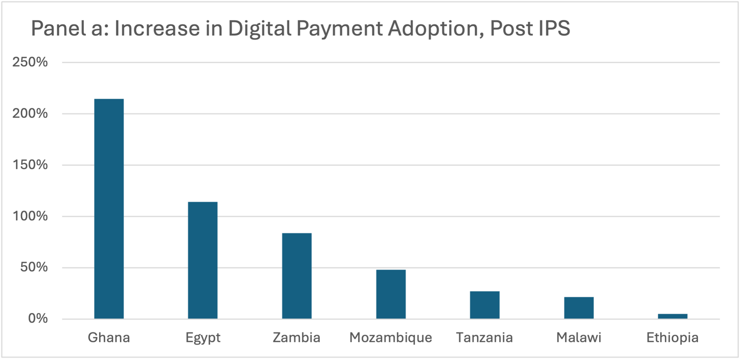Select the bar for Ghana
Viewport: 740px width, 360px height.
pos(109,209)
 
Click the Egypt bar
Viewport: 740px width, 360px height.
pos(203,260)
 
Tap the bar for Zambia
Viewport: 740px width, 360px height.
pos(297,276)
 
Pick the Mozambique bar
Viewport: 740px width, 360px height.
pos(391,294)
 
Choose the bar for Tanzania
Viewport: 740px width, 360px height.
pos(484,305)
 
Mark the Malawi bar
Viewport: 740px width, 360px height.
pos(579,308)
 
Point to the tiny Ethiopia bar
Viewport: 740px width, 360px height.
pos(673,316)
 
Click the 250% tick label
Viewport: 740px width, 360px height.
pos(30,62)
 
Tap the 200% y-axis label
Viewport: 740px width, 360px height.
pos(30,113)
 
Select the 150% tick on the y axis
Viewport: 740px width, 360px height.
pos(30,165)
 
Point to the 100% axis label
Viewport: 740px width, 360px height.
pos(30,216)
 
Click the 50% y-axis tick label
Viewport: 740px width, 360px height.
pos(34,267)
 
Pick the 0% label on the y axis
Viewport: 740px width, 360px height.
pos(38,319)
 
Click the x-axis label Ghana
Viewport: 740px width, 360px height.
pos(109,338)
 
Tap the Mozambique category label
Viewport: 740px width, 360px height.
pos(391,338)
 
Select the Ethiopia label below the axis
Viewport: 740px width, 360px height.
pos(673,338)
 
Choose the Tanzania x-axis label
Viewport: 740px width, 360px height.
pos(484,338)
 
